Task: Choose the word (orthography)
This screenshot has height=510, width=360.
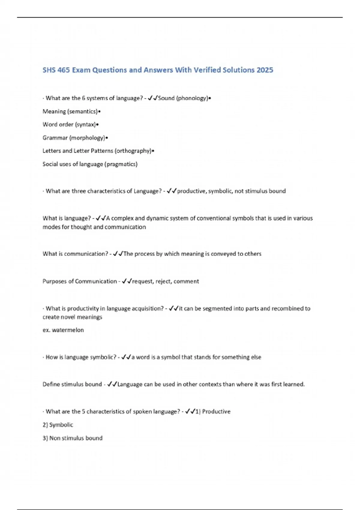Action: tap(133, 151)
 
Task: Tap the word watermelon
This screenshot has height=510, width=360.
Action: tap(68, 330)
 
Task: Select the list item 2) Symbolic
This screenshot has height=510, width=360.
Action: tap(58, 425)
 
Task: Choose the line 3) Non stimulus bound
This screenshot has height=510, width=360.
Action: tap(73, 438)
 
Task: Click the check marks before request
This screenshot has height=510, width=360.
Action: tap(127, 281)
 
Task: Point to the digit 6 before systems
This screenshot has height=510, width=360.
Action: tap(84, 98)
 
